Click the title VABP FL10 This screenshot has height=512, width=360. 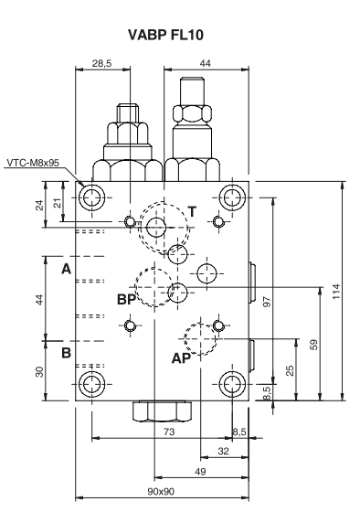(x=165, y=35)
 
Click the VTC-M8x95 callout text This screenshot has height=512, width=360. (x=33, y=163)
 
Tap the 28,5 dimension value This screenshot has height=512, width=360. (x=101, y=63)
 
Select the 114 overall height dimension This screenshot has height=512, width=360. (x=336, y=291)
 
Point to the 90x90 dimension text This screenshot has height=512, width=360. (x=161, y=491)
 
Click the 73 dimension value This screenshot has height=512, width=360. (x=169, y=432)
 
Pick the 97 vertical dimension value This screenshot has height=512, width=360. (x=267, y=302)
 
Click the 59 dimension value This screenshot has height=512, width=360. (x=313, y=345)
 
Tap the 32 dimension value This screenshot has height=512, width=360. (x=223, y=451)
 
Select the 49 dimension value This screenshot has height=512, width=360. (x=200, y=471)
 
